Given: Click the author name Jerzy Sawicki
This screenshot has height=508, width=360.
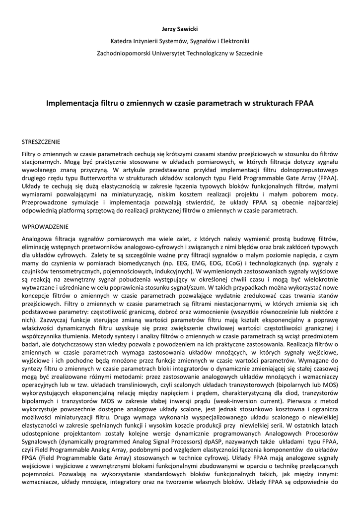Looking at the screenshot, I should pyautogui.click(x=180, y=30).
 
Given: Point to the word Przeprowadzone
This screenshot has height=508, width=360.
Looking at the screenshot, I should pyautogui.click(x=46, y=202).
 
